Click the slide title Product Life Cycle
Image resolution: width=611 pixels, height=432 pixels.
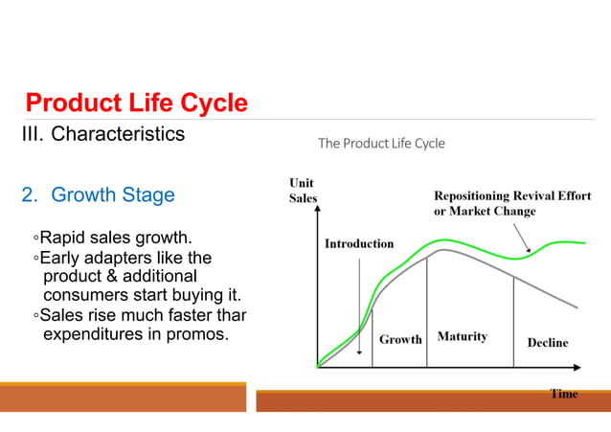tap(136, 102)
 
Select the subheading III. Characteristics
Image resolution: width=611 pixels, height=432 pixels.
tap(103, 133)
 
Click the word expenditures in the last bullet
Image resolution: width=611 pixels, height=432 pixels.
tap(101, 335)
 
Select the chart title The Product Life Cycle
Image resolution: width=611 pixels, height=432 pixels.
tap(381, 144)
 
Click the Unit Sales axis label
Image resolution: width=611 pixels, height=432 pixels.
tap(303, 191)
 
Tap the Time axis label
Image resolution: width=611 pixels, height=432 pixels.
tap(563, 394)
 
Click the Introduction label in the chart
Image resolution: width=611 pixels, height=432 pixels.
tap(359, 243)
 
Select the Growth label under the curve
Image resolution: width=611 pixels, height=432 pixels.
tap(400, 339)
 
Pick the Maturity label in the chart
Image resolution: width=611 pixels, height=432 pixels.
tap(462, 336)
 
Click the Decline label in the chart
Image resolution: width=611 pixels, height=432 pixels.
tap(547, 342)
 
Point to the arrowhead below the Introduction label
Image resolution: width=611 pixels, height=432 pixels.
tap(359, 352)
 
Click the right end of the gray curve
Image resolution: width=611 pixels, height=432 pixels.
tap(577, 307)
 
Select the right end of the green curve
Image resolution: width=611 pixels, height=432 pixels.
tap(584, 243)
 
